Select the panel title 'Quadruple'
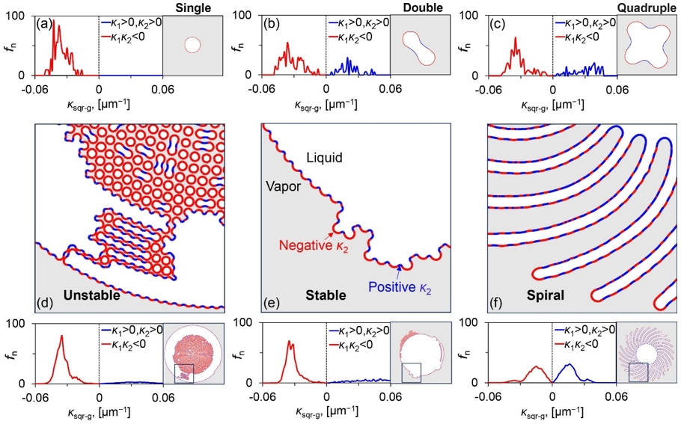click(648, 6)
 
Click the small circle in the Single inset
click(192, 45)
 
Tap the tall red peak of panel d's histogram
click(62, 337)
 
